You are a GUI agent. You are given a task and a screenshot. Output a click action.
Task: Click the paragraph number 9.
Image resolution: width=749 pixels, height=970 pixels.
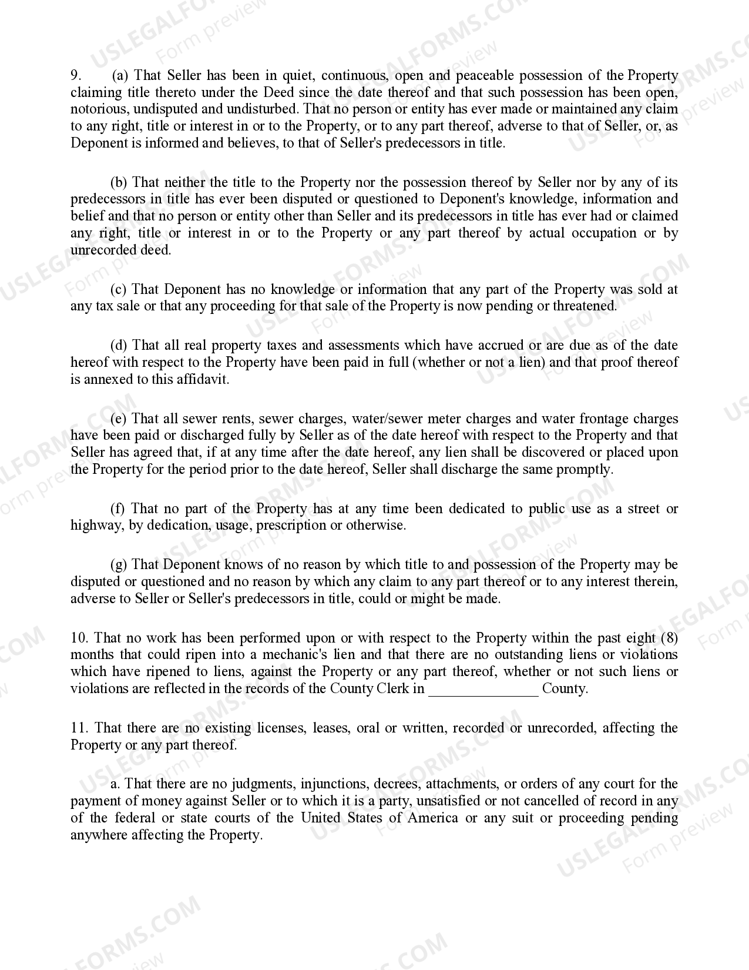[75, 76]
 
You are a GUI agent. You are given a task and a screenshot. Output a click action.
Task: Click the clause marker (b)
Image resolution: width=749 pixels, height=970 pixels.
[119, 183]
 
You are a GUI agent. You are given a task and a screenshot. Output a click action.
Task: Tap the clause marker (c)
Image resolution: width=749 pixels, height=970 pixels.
[119, 289]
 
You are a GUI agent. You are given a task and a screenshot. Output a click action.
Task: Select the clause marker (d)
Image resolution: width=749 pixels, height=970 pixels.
[119, 345]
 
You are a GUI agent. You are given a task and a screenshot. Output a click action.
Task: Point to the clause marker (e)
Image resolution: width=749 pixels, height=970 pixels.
[119, 419]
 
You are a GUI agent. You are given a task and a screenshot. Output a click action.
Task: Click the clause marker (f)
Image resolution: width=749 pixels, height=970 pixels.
[118, 509]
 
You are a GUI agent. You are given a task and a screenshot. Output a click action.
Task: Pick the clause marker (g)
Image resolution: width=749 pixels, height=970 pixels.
[119, 565]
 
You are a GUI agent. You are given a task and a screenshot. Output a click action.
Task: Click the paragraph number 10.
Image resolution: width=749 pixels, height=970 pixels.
[79, 638]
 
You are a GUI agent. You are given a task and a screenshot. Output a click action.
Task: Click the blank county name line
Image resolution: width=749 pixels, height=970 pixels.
[483, 690]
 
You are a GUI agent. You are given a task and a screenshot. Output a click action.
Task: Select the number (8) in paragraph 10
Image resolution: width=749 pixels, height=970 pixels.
[669, 638]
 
